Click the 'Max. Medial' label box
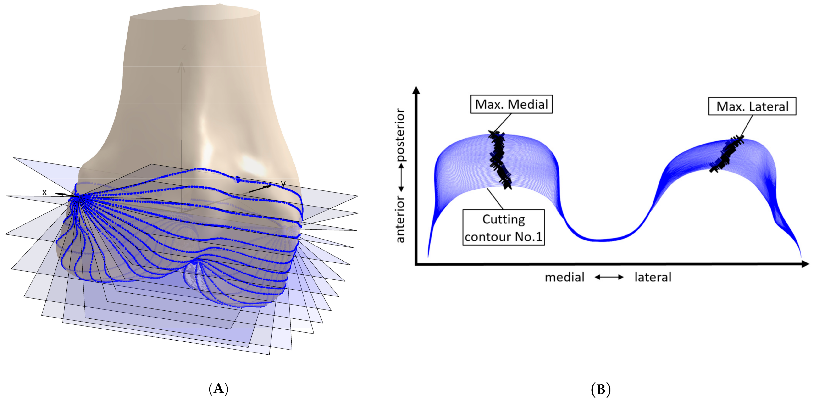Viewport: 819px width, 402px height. pos(511,104)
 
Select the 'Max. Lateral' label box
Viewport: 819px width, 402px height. pos(752,106)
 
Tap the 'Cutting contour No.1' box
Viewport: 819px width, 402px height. pos(503,227)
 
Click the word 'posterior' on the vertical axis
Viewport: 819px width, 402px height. pos(400,135)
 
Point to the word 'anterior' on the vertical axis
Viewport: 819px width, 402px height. pos(400,219)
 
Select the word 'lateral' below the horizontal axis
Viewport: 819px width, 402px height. pos(653,277)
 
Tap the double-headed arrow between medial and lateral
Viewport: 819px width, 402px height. pos(609,277)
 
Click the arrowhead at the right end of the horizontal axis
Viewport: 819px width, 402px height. pos(805,264)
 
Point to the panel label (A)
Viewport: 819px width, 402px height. pos(218,389)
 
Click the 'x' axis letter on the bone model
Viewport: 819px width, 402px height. pos(44,192)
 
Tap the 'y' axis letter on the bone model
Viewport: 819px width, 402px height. pos(283,184)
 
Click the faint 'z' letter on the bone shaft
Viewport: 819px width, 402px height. pos(184,47)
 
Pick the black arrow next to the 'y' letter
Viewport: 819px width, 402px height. pos(260,189)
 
